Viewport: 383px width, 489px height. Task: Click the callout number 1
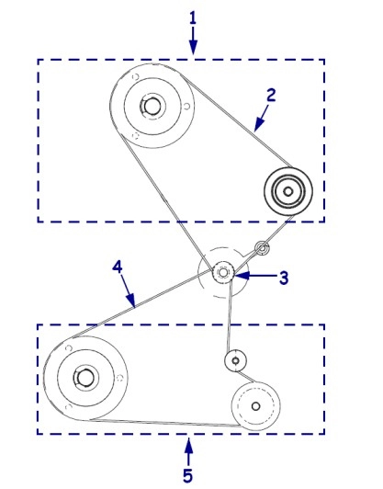(193, 18)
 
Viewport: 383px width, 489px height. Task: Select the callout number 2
(271, 95)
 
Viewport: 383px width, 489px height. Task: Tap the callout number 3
(283, 278)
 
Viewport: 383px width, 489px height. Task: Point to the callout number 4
(118, 267)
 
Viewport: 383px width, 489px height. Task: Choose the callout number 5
(187, 476)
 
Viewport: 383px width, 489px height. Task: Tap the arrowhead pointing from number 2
(258, 125)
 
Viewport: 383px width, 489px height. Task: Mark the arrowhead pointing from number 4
(132, 301)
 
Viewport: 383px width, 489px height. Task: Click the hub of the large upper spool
(152, 107)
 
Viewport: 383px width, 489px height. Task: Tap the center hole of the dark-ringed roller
(288, 191)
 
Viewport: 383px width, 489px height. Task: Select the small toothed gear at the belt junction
(223, 273)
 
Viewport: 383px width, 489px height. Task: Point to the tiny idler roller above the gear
(262, 248)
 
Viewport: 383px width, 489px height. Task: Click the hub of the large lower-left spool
(84, 378)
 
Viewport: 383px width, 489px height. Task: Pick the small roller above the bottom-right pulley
(236, 360)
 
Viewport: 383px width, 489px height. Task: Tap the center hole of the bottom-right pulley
(256, 406)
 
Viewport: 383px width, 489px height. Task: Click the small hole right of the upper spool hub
(186, 107)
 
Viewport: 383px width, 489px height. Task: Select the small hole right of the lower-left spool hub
(119, 379)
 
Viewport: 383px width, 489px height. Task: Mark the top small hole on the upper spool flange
(135, 76)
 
